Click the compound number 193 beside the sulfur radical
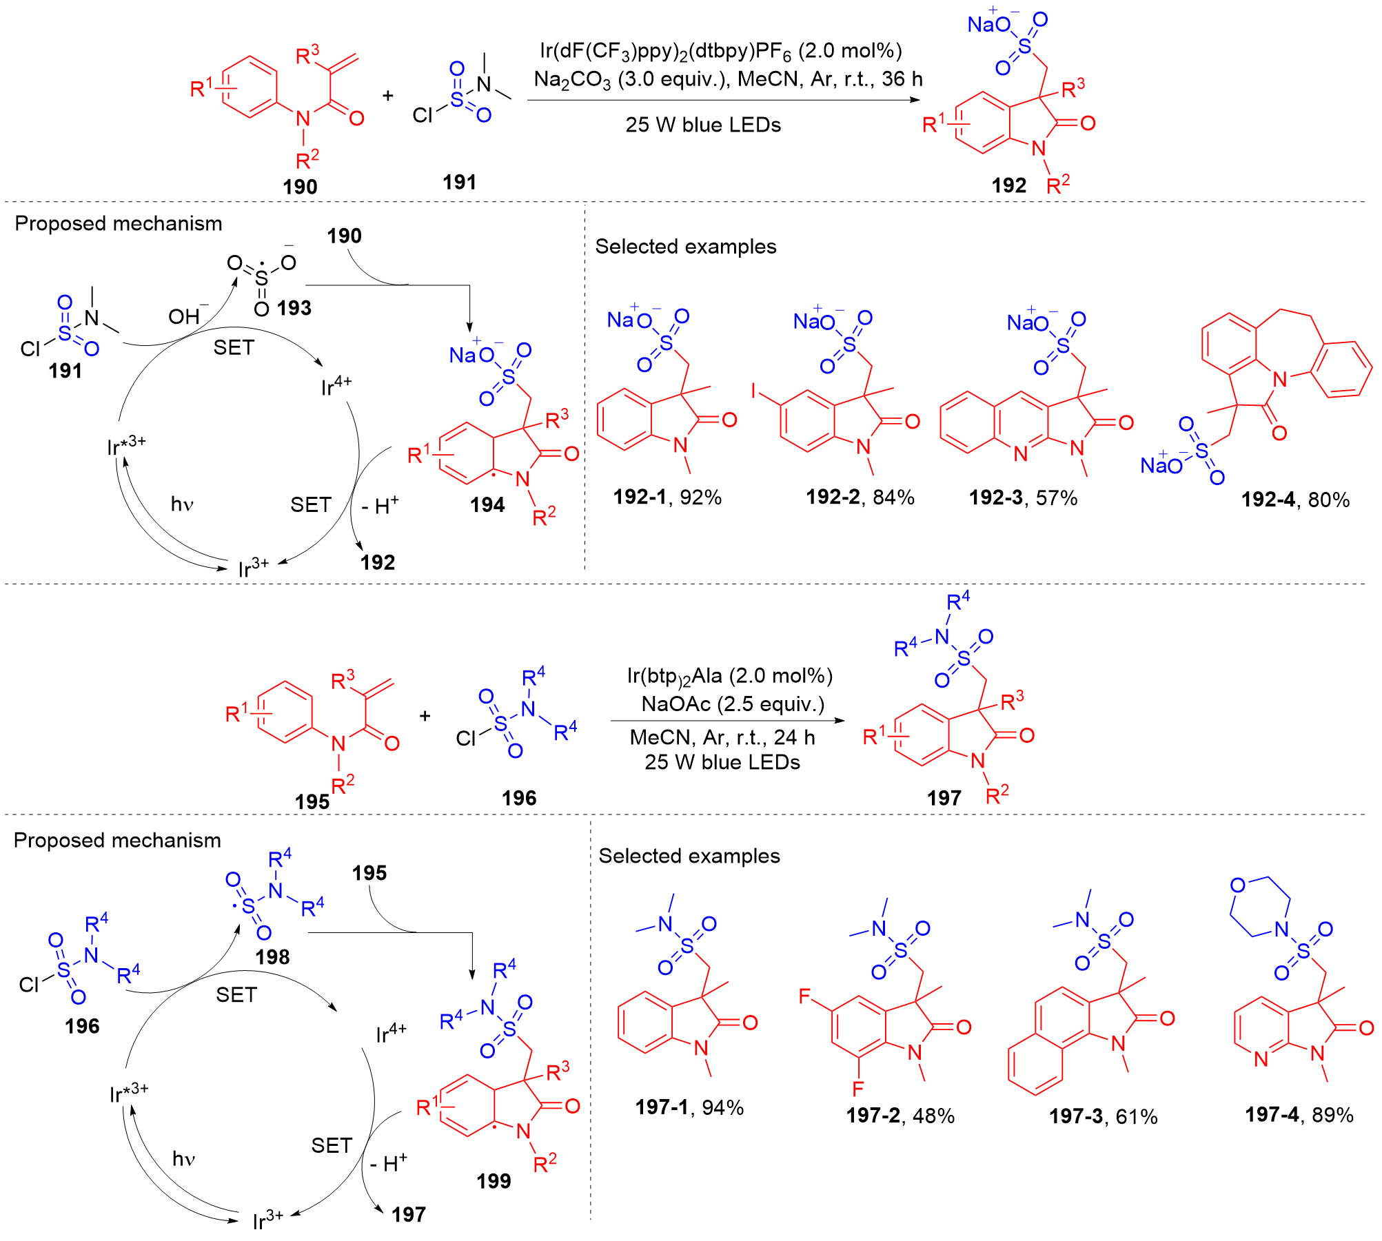point(294,307)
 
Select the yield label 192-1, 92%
point(667,497)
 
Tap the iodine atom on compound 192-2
point(754,391)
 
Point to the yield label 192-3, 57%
point(1023,498)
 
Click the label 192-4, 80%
point(1294,500)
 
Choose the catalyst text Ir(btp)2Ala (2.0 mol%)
point(729,676)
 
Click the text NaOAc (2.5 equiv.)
point(733,704)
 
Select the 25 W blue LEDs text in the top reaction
point(703,125)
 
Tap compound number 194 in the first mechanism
point(487,505)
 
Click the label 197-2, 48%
point(900,1116)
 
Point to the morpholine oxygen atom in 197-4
point(1238,885)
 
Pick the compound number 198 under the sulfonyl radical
point(272,956)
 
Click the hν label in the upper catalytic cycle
point(182,504)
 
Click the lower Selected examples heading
point(689,856)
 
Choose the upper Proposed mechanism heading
point(118,223)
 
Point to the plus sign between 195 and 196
point(425,716)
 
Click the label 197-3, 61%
point(1103,1116)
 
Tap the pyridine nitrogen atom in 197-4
point(1261,1060)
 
